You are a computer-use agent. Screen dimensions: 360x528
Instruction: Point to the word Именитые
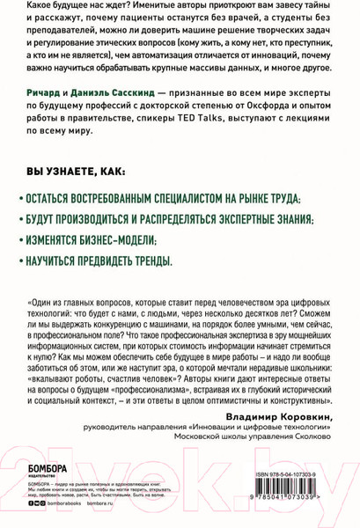[x=130, y=8]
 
